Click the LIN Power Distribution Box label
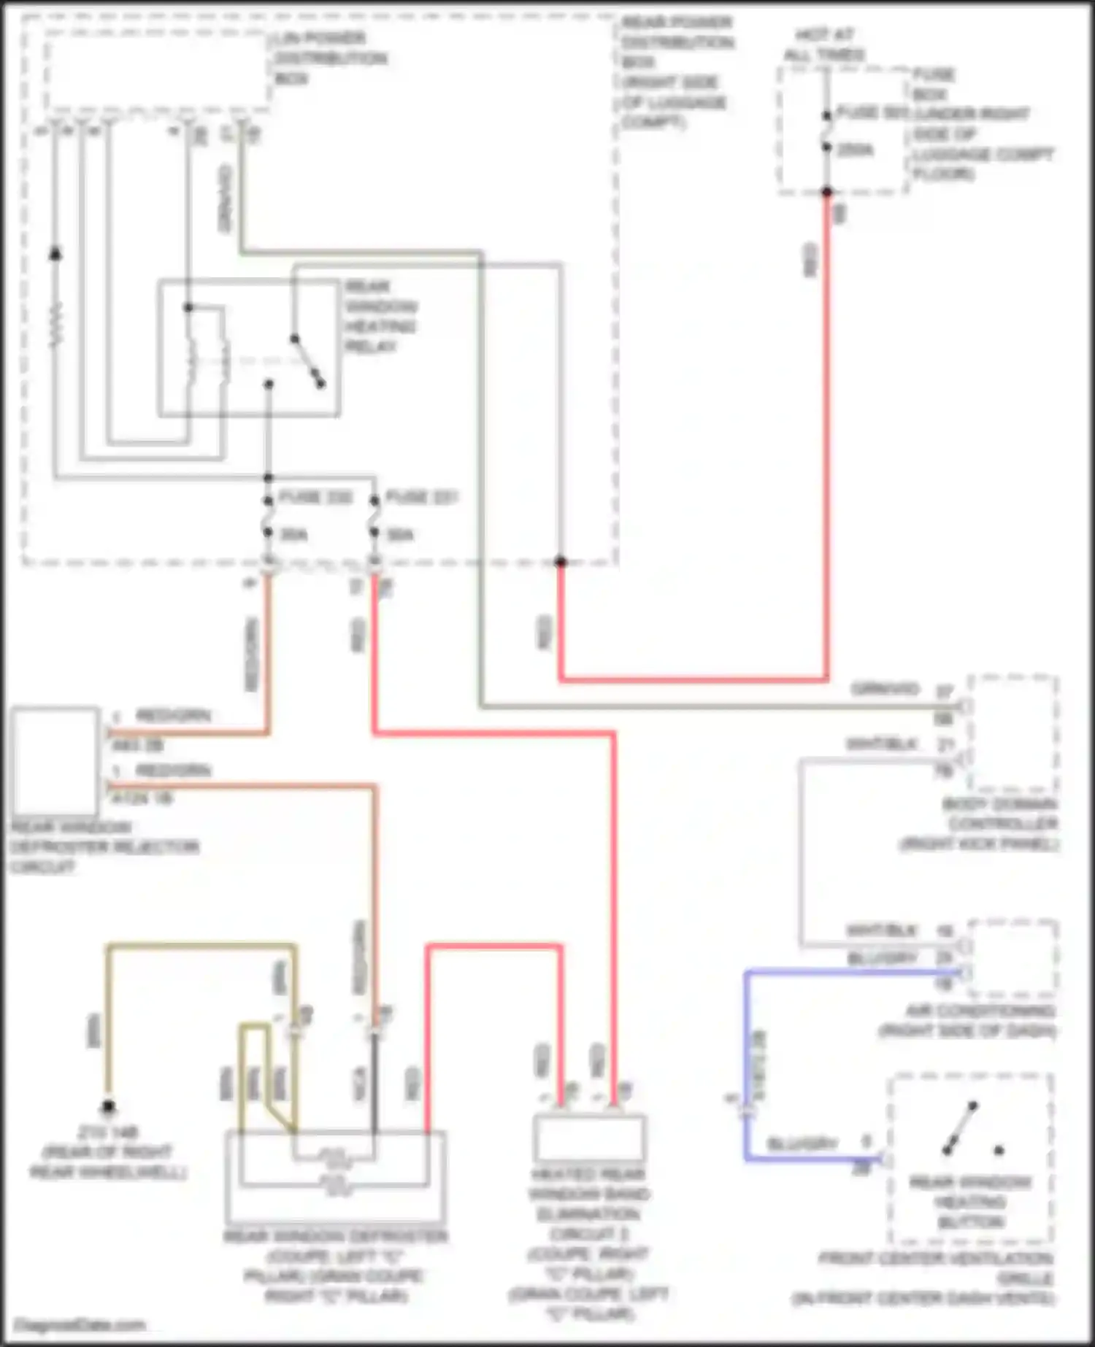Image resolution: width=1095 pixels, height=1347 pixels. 330,58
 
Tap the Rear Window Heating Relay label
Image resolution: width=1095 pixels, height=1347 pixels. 380,316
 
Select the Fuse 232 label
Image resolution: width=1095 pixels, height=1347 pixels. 315,498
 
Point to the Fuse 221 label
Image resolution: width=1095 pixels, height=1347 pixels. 421,498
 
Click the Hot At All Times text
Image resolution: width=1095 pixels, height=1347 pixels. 824,45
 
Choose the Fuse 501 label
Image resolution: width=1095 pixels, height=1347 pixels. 872,113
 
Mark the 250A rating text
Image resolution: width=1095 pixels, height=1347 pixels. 855,150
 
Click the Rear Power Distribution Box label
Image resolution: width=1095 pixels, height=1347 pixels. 675,72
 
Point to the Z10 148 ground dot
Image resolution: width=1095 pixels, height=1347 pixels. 108,1108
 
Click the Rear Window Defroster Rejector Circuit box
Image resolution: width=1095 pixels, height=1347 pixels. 55,760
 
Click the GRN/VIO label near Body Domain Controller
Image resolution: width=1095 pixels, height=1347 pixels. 885,689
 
